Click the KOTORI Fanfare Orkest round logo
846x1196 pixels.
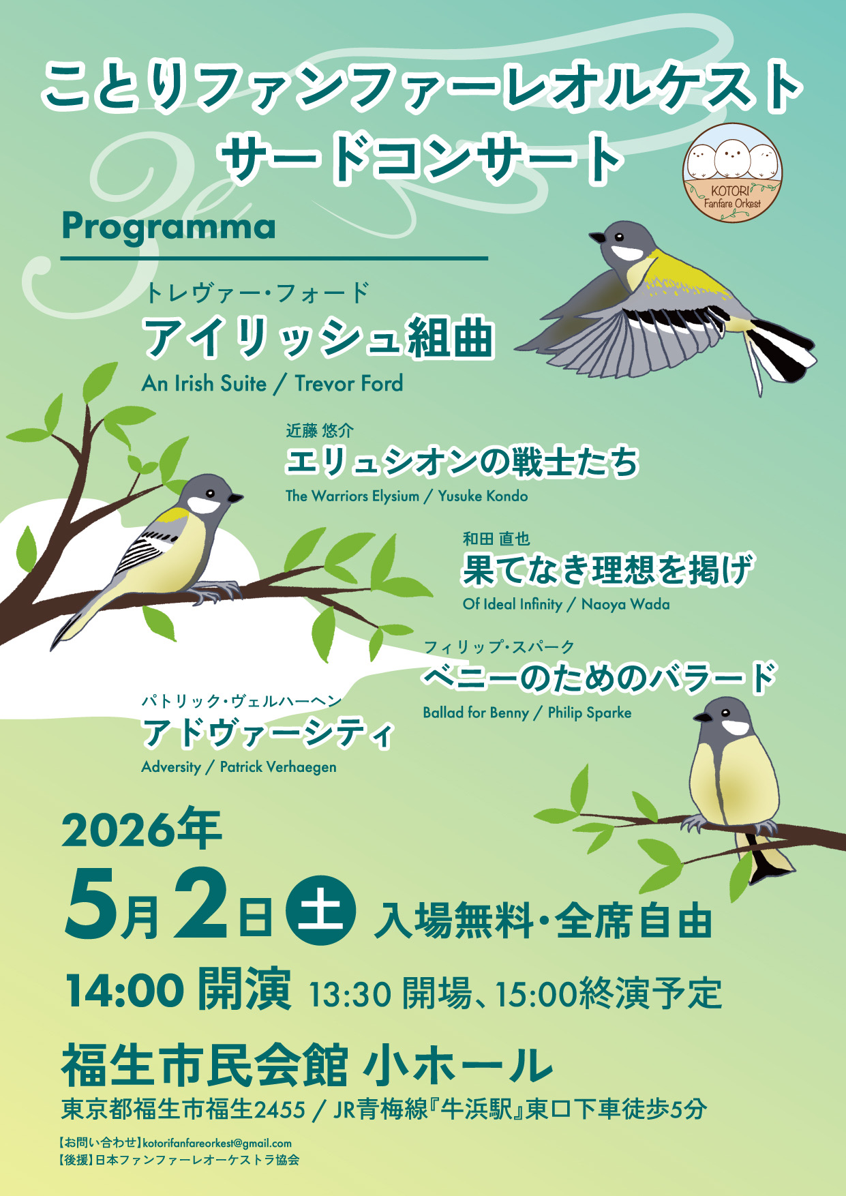pyautogui.click(x=732, y=173)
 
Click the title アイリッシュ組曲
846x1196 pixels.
pyautogui.click(x=317, y=337)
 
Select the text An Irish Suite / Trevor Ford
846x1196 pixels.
pyautogui.click(x=272, y=383)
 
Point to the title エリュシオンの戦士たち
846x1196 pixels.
pyautogui.click(x=462, y=462)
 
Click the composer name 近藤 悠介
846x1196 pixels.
pyautogui.click(x=319, y=430)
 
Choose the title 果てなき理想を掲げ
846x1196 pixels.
pyautogui.click(x=607, y=569)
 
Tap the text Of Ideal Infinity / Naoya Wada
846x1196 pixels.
pyautogui.click(x=566, y=604)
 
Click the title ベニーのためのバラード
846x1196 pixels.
pyautogui.click(x=599, y=678)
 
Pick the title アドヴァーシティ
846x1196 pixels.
pyautogui.click(x=268, y=733)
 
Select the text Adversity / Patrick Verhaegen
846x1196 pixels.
pyautogui.click(x=239, y=767)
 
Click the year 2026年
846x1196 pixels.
pyautogui.click(x=142, y=830)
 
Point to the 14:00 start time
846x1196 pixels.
pyautogui.click(x=125, y=990)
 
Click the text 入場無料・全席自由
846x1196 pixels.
pyautogui.click(x=543, y=921)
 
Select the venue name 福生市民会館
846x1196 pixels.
pyautogui.click(x=205, y=1064)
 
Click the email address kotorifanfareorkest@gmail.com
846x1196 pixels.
pyautogui.click(x=217, y=1143)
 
